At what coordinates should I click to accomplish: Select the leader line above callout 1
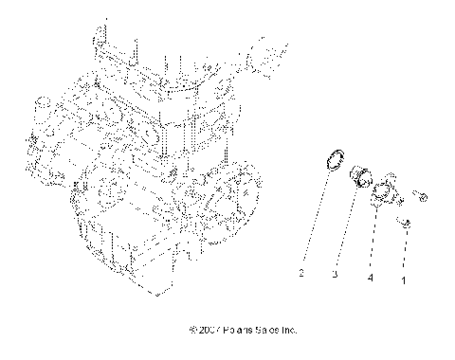pos(407,251)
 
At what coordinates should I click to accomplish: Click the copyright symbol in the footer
pos(192,331)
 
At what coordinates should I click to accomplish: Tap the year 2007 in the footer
pos(209,331)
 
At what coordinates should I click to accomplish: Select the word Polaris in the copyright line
pos(238,331)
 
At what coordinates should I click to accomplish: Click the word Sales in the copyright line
pos(268,331)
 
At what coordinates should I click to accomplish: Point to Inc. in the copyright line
pos(290,331)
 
